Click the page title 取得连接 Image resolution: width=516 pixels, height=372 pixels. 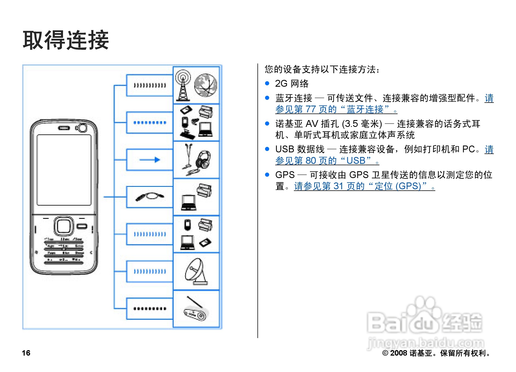pos(66,40)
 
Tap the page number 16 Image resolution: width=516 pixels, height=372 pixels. pos(26,353)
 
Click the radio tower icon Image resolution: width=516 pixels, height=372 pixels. pos(183,85)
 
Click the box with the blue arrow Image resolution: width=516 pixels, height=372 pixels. pos(150,160)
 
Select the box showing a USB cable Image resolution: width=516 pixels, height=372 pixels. pos(150,197)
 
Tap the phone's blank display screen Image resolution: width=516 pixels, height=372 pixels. pos(64,170)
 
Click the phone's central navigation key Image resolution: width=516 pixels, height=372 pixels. pos(64,226)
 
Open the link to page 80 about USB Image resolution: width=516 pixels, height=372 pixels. pos(327,161)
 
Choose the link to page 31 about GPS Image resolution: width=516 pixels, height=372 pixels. pos(364,186)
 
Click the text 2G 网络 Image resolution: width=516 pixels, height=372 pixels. pos(292,83)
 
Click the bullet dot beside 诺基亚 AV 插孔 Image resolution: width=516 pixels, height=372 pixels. pos(267,124)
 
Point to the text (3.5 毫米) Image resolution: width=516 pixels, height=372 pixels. pos(362,124)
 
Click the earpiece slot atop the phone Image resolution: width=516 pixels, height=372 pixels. pos(64,128)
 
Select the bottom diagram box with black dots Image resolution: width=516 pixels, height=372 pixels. pos(150,309)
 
